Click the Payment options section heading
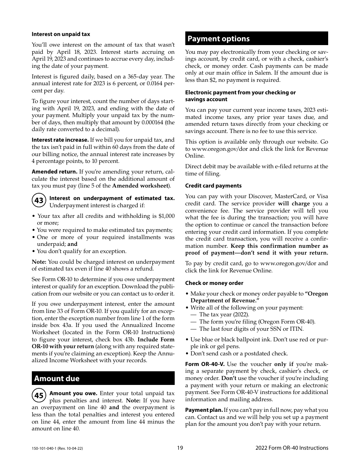[219, 39]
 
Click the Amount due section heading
[57, 378]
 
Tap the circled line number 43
[39, 201]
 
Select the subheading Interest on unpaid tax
[61, 34]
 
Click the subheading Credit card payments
[213, 186]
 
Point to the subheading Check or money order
[214, 283]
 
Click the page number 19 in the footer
[180, 448]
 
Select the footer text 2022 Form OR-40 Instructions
[292, 448]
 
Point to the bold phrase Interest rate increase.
[60, 140]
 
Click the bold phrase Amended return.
[54, 172]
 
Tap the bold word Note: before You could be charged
[39, 262]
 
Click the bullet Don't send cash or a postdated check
[239, 353]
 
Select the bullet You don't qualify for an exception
[81, 251]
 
